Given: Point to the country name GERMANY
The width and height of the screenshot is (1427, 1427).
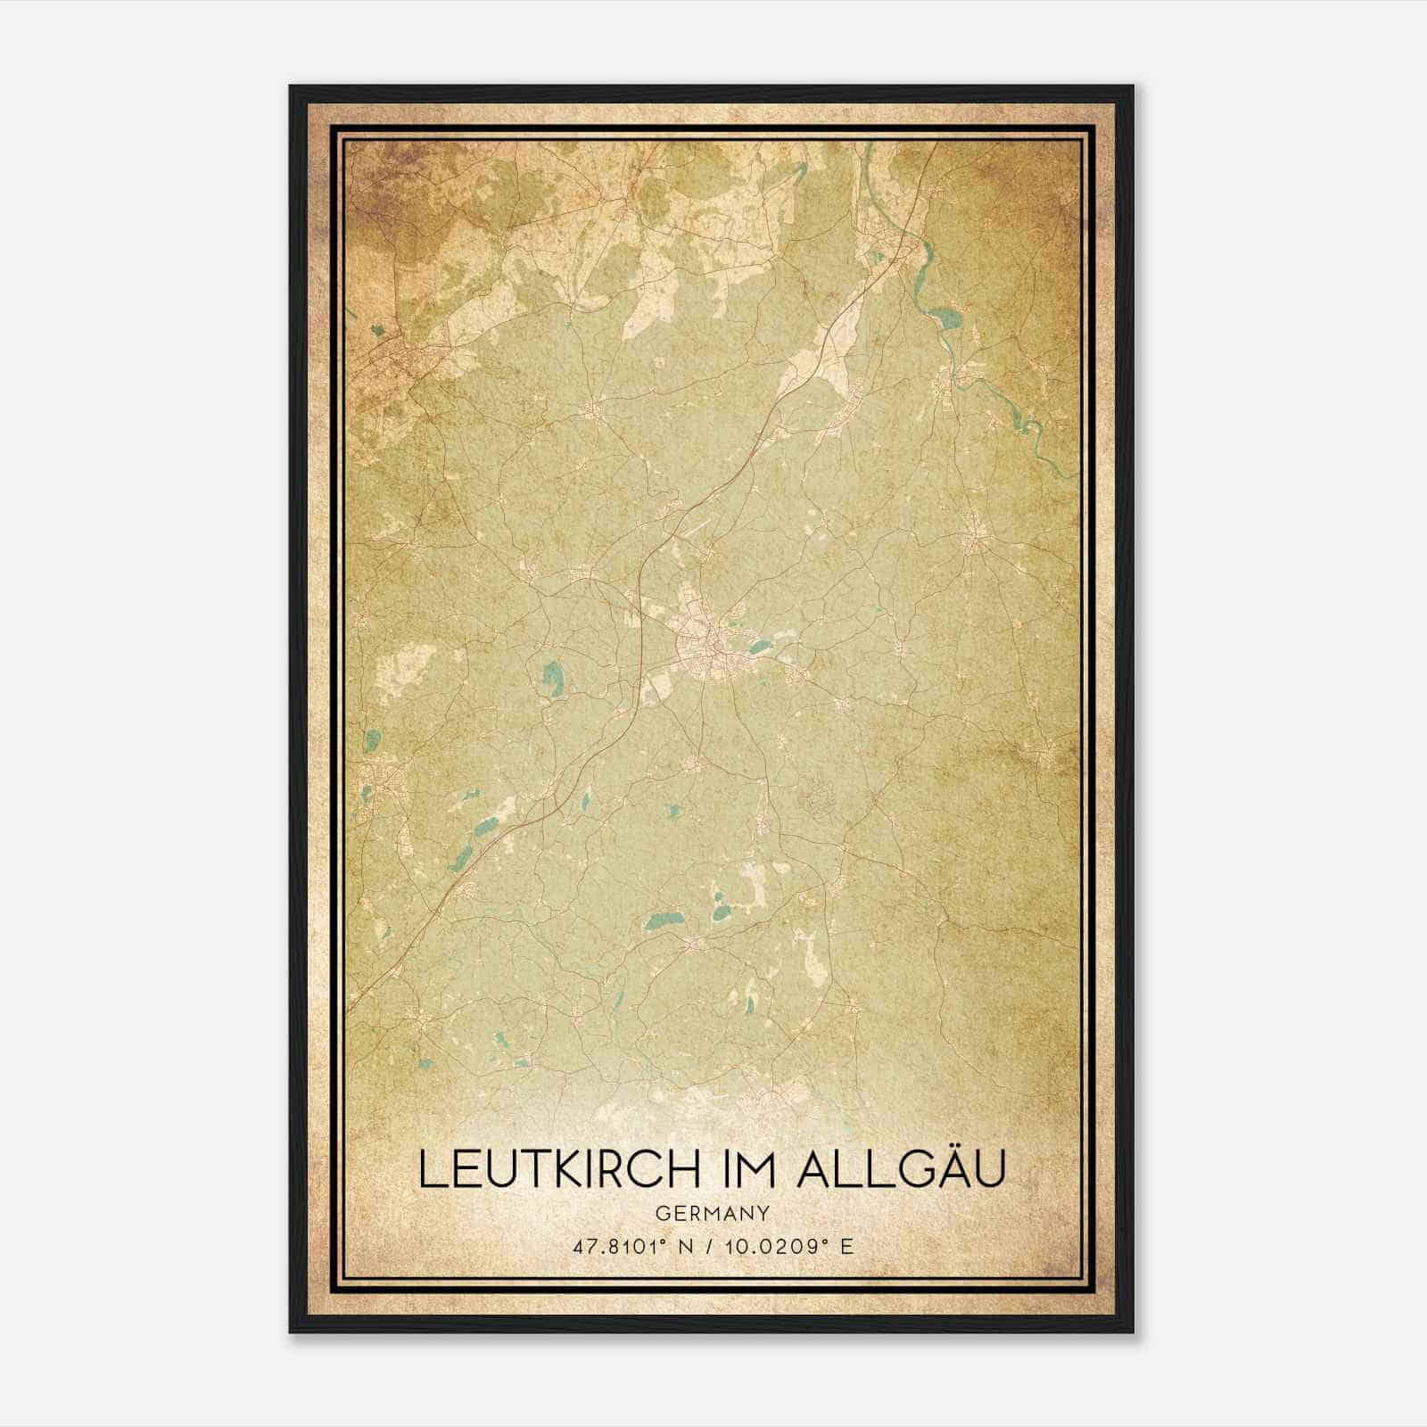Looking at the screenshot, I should (713, 1213).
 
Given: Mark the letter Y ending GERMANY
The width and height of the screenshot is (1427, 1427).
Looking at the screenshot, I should (765, 1213).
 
